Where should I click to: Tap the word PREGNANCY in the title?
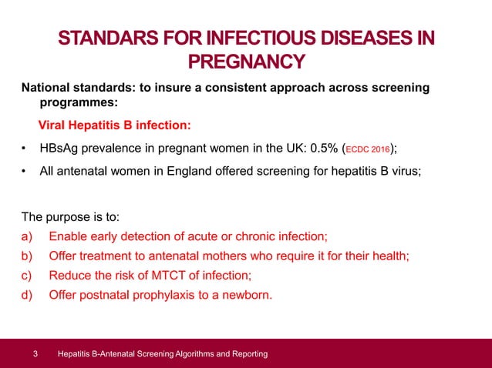(x=247, y=62)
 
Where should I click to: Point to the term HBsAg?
(x=62, y=148)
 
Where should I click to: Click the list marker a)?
(x=27, y=236)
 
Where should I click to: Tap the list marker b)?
(x=27, y=255)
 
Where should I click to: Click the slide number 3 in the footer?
(x=35, y=354)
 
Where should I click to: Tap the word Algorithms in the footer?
(x=196, y=354)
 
